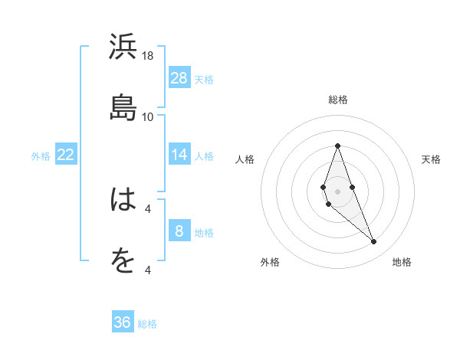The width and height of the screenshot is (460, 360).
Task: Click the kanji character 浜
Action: pyautogui.click(x=123, y=47)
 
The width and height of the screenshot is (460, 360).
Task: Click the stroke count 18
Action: pyautogui.click(x=148, y=56)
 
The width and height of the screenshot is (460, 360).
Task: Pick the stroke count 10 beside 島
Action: pyautogui.click(x=148, y=116)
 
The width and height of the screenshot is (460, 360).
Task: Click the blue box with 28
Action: pyautogui.click(x=179, y=78)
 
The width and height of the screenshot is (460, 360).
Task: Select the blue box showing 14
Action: pyautogui.click(x=179, y=155)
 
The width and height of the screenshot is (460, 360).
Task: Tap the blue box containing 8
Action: pyautogui.click(x=179, y=231)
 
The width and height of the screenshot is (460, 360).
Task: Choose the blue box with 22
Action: pyautogui.click(x=66, y=155)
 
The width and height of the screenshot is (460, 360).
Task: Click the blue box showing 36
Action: pyautogui.click(x=123, y=322)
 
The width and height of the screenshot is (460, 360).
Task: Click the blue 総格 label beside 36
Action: pyautogui.click(x=147, y=324)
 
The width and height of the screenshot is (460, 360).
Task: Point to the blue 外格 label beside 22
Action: pyautogui.click(x=41, y=156)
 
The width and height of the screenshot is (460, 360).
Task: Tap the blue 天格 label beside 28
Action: pyautogui.click(x=204, y=79)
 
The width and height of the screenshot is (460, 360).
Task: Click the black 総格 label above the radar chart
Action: pyautogui.click(x=337, y=100)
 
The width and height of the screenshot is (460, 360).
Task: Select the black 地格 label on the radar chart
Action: pyautogui.click(x=402, y=262)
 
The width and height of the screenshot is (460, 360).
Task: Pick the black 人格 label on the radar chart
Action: pyautogui.click(x=245, y=159)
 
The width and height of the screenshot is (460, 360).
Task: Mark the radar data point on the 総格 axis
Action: pyautogui.click(x=337, y=146)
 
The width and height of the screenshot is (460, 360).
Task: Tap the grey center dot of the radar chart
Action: pyautogui.click(x=337, y=191)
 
